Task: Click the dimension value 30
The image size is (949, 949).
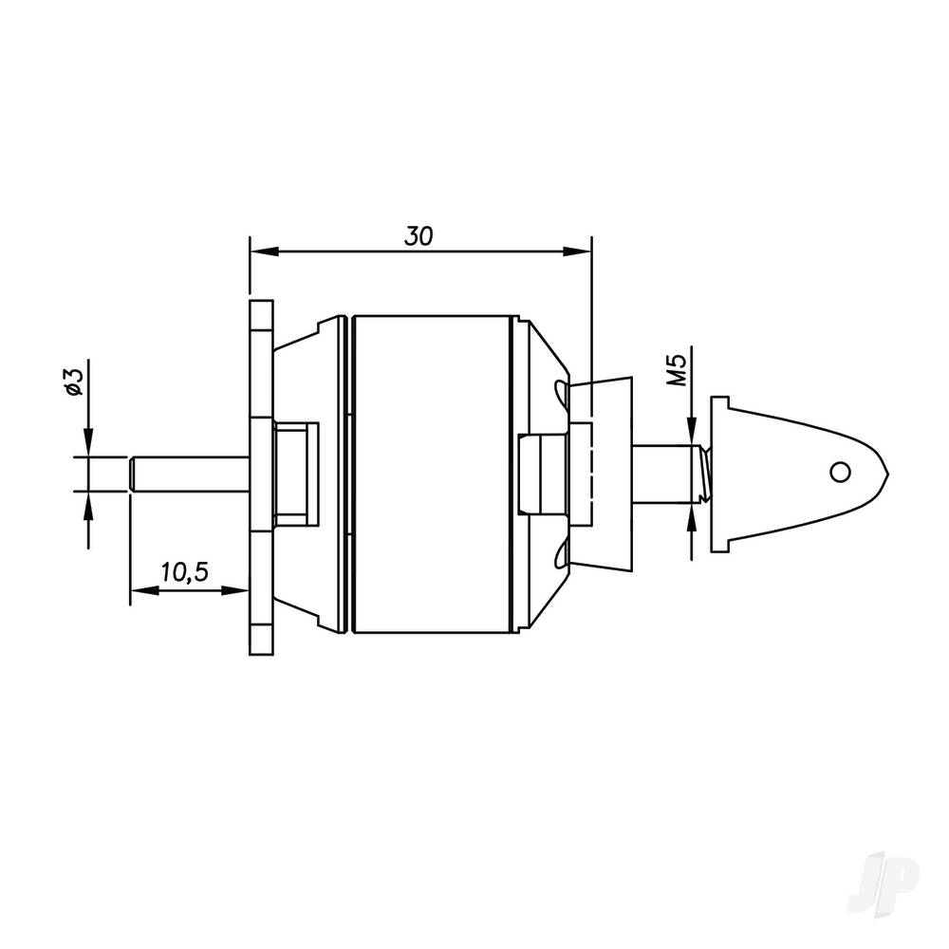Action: (x=418, y=236)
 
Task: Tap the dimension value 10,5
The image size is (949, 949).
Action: (x=185, y=572)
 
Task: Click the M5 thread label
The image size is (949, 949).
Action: (x=676, y=366)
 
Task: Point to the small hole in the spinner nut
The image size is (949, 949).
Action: (x=837, y=472)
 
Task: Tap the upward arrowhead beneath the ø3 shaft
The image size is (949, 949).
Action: (x=88, y=503)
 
